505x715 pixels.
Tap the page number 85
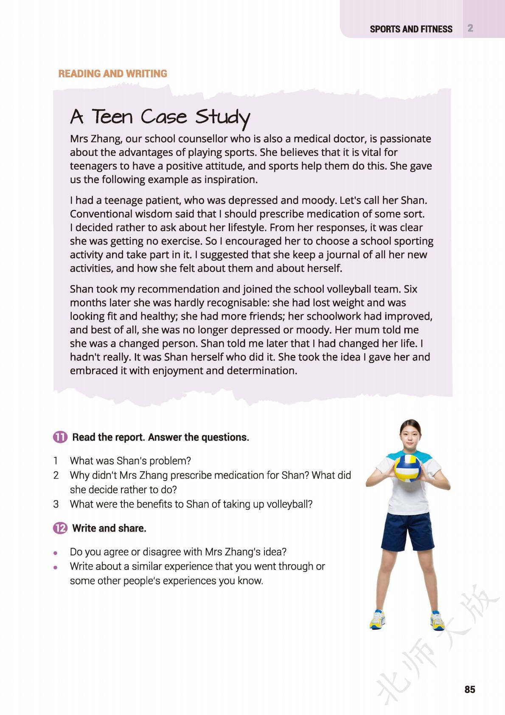click(x=470, y=690)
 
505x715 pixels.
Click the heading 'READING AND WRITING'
click(x=112, y=73)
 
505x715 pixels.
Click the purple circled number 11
click(x=60, y=437)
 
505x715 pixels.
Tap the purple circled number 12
click(x=60, y=528)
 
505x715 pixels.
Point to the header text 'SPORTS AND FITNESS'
click(x=411, y=29)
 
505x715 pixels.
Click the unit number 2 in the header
click(x=470, y=28)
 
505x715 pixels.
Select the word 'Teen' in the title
click(x=112, y=117)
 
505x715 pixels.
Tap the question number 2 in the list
click(x=56, y=475)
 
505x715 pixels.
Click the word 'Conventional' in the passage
click(x=101, y=214)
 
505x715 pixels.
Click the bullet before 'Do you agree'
click(x=55, y=553)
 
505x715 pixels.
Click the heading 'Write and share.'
click(x=109, y=528)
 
